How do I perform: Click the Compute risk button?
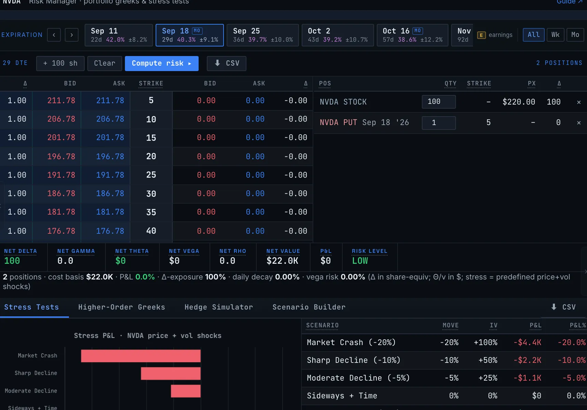tap(161, 64)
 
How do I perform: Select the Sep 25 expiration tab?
tap(263, 35)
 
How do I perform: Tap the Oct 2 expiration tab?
tap(338, 35)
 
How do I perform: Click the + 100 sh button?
tap(60, 64)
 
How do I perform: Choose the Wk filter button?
tap(555, 35)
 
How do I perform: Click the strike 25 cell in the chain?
tap(151, 175)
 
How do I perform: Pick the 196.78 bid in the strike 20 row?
tap(61, 156)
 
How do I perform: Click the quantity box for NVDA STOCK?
tap(439, 102)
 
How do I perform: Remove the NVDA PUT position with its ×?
tap(579, 123)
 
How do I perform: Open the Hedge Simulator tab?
tap(219, 307)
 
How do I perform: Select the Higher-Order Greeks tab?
tap(121, 307)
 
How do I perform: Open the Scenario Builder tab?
tap(309, 307)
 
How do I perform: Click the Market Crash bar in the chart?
tap(141, 356)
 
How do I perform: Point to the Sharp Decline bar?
tap(171, 373)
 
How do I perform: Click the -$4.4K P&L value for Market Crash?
tap(527, 342)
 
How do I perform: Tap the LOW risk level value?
tap(360, 261)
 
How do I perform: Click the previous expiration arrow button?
tap(54, 35)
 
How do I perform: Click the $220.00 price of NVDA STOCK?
tap(519, 102)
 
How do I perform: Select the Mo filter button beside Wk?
tap(575, 35)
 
